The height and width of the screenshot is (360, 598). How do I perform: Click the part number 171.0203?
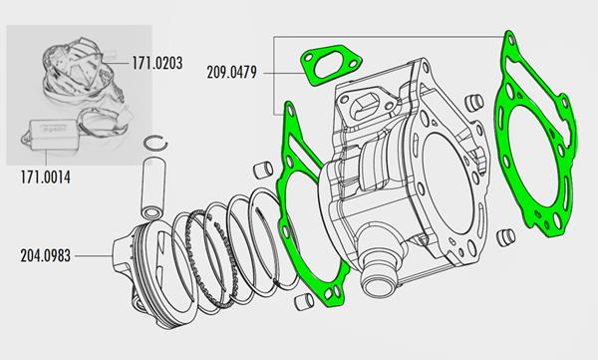(x=157, y=63)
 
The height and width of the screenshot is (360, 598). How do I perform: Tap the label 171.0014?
(x=46, y=178)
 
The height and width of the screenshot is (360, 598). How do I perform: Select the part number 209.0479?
(x=232, y=72)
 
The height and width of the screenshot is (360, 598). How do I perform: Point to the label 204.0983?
(x=46, y=255)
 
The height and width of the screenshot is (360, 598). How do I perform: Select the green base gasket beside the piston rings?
(x=284, y=161)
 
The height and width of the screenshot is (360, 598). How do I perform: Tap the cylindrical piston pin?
(x=152, y=188)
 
